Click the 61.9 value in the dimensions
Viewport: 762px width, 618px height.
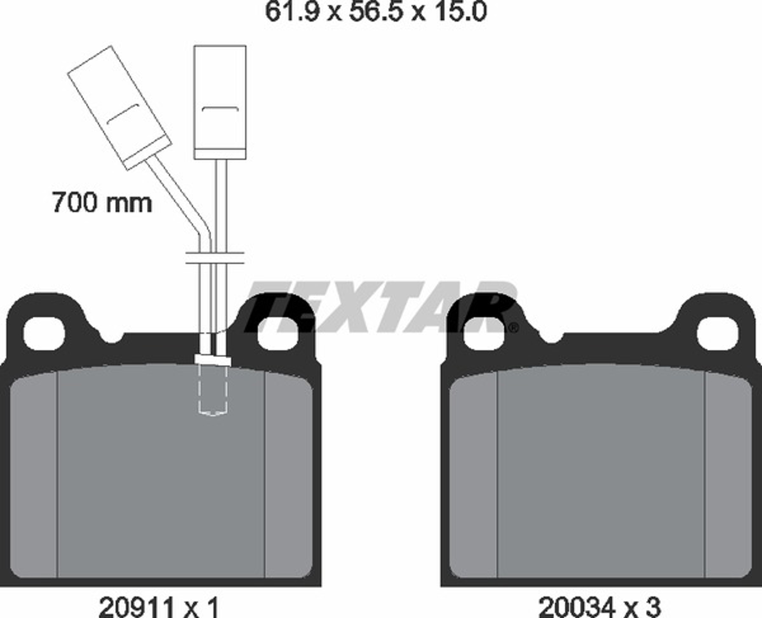(x=292, y=11)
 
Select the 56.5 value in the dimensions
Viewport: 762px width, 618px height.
(x=376, y=11)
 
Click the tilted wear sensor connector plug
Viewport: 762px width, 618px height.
(x=120, y=108)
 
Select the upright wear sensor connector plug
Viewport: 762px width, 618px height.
(x=220, y=102)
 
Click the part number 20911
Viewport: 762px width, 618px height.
(x=137, y=607)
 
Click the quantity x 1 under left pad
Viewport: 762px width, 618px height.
(x=201, y=607)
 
